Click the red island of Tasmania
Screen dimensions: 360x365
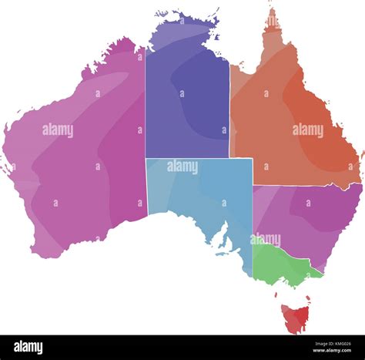(295, 317)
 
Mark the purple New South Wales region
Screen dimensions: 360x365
(308, 216)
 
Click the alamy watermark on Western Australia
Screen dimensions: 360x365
(58, 130)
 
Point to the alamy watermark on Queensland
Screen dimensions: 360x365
(308, 130)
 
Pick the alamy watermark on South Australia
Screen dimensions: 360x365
(182, 166)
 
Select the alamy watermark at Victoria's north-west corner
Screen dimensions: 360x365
(266, 240)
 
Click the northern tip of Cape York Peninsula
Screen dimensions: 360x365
(271, 11)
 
